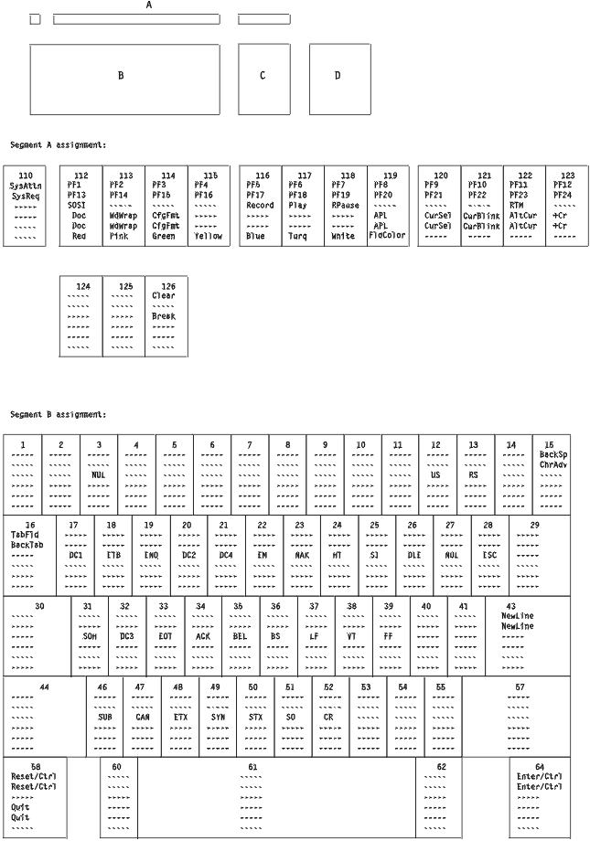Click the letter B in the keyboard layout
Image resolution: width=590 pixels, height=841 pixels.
[120, 76]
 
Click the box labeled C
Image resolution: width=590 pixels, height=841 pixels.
[263, 76]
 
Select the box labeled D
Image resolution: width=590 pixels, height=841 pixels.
[338, 76]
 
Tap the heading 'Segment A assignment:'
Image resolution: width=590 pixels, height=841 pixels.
[59, 145]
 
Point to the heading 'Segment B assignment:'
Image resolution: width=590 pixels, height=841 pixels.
[59, 414]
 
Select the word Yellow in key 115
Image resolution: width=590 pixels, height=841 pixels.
[209, 236]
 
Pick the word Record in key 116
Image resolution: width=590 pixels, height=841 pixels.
[260, 206]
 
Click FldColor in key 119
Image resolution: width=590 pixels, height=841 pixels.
[387, 236]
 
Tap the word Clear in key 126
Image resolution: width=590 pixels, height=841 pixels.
[164, 295]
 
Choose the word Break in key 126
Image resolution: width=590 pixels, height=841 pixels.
[164, 315]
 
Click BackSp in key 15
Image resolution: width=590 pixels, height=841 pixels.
[552, 454]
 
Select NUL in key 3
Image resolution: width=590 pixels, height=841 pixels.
[99, 474]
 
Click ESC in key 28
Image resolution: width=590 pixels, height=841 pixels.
[488, 555]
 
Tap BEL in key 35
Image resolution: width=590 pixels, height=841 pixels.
[239, 635]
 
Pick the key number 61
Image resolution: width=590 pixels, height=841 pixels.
[252, 766]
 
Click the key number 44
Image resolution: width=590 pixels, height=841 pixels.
[43, 686]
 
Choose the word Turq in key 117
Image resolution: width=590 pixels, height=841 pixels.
[298, 236]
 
